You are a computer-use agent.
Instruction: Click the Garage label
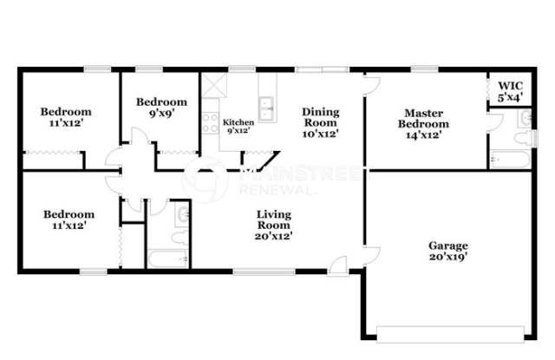point(447,245)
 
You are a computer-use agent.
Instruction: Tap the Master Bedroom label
point(423,117)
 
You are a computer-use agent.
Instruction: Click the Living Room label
point(273,214)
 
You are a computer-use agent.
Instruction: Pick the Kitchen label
point(238,123)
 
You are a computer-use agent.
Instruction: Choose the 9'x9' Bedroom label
point(162,101)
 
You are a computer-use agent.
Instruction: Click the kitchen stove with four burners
point(210,122)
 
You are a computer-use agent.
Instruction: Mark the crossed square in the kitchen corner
point(213,85)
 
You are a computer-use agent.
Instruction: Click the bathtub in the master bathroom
point(509,159)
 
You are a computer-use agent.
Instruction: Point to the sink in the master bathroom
point(525,120)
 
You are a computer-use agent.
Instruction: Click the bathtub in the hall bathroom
point(166,259)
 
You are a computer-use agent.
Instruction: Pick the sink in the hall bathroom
point(183,213)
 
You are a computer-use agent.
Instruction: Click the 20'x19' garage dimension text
point(447,257)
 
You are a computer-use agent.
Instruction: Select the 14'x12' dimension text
point(423,134)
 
